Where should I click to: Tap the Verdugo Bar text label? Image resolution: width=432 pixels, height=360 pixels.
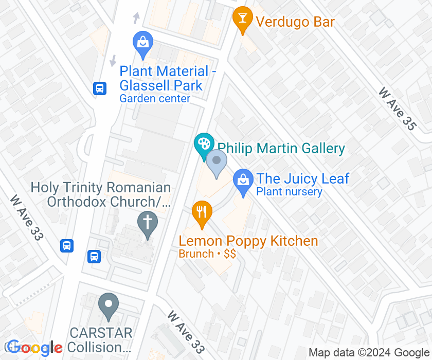coord(295,22)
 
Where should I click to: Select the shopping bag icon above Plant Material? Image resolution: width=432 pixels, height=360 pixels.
coord(142,43)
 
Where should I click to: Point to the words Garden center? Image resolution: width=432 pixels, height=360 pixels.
coord(155,98)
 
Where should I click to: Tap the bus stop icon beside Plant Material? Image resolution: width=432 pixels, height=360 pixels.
coord(100,88)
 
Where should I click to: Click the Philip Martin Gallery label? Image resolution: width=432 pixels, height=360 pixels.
coord(281,149)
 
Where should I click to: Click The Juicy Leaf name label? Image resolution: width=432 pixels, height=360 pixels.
coord(302,179)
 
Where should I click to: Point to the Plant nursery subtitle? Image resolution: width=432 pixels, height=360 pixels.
coord(289,192)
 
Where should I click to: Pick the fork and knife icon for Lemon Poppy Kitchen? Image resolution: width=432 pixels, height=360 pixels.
coord(202,212)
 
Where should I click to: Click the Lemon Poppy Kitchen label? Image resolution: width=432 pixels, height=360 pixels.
coord(248,241)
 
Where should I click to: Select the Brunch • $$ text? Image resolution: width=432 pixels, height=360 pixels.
coord(207,254)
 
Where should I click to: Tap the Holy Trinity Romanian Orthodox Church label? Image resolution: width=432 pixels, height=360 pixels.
coord(101,194)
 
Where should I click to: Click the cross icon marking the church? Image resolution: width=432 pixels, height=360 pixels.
coord(148,224)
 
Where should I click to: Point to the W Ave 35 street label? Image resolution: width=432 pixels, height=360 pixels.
coord(397,109)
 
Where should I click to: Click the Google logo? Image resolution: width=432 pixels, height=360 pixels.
coord(35,349)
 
